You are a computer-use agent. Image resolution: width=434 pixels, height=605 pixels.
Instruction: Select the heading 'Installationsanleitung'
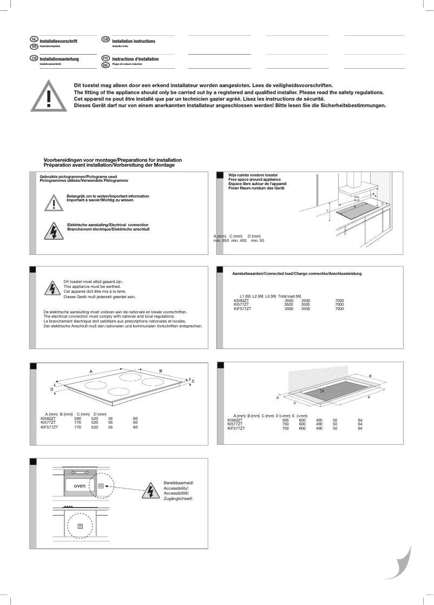click(60, 58)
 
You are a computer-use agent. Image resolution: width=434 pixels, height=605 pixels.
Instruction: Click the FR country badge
click(106, 57)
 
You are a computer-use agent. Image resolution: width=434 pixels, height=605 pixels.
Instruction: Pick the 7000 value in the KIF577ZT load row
click(339, 308)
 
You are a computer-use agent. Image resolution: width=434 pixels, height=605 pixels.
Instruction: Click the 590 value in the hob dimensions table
click(77, 418)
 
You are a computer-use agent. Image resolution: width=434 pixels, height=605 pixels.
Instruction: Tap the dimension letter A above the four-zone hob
click(91, 371)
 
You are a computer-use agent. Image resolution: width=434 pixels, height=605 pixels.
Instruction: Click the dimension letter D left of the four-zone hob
click(52, 389)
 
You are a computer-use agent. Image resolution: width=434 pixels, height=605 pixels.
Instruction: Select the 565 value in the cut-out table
click(285, 420)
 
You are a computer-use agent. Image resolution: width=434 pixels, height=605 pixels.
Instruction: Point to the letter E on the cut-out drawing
click(323, 390)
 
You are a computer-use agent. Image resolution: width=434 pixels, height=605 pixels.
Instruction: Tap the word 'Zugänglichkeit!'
click(178, 498)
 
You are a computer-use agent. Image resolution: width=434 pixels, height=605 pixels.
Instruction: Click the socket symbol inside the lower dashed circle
click(80, 525)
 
